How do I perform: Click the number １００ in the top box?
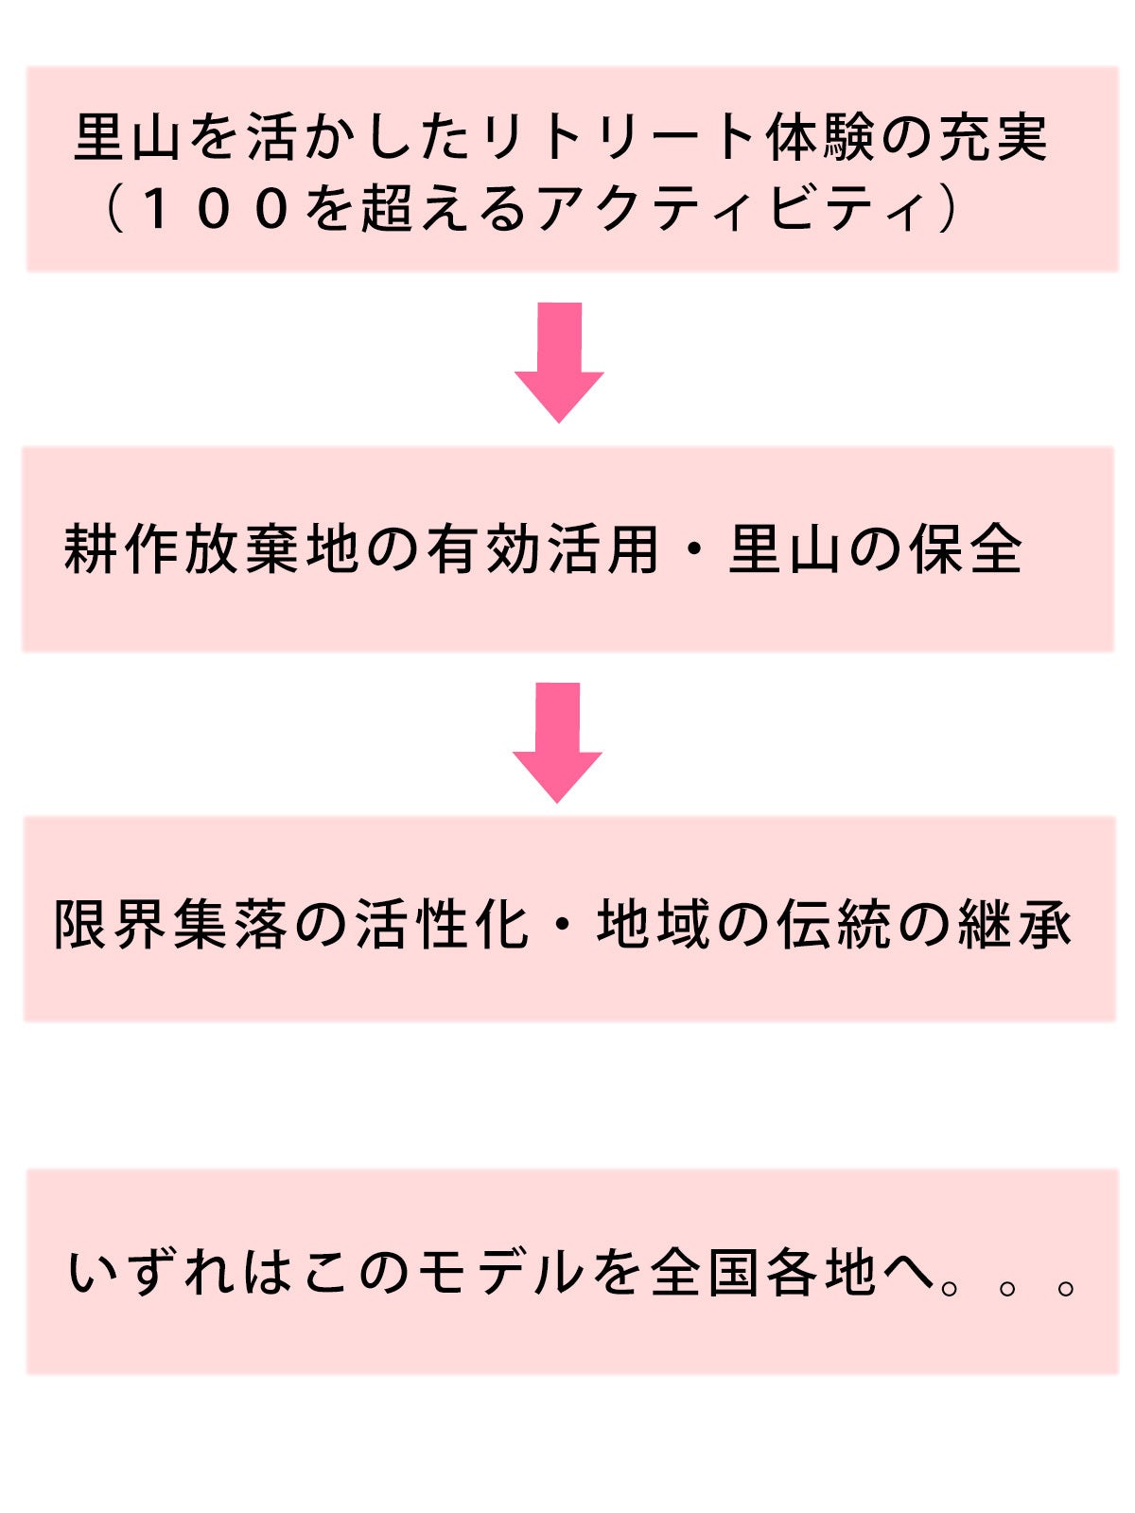214,209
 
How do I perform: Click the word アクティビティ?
729,209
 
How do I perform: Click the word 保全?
966,549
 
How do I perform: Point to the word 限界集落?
171,924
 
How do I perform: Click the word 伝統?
833,924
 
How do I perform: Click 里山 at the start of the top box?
128,138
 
